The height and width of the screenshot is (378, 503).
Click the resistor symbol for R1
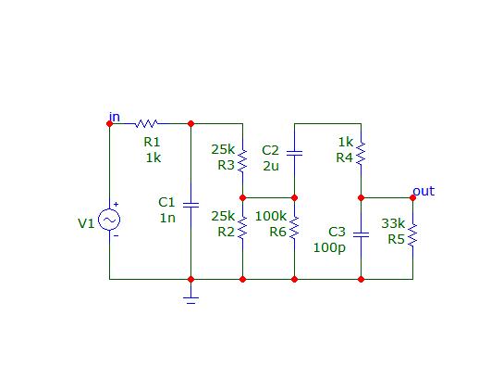point(146,123)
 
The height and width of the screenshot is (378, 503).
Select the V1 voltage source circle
point(109,220)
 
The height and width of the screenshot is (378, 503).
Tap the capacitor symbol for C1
point(190,205)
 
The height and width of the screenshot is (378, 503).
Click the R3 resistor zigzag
point(242,159)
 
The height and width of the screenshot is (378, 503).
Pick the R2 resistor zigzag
point(242,227)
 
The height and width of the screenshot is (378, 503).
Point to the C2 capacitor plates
point(294,153)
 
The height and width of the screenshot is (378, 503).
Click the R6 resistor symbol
point(294,228)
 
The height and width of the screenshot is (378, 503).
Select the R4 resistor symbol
point(361,153)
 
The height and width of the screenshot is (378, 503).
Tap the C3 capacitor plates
point(361,234)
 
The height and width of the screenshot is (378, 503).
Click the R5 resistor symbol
point(412,235)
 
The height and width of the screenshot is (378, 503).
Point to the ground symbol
point(190,300)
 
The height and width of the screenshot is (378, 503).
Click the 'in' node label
point(115,117)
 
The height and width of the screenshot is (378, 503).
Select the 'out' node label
point(423,191)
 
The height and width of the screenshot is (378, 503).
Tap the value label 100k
point(270,216)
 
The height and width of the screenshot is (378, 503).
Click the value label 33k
point(393,223)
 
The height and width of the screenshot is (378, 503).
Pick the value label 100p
point(329,247)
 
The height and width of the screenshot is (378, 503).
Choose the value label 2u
point(271,166)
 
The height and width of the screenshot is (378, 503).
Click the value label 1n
point(167,218)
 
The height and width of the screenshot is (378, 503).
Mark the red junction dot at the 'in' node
point(109,123)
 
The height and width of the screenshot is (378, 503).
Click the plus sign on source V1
point(116,204)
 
